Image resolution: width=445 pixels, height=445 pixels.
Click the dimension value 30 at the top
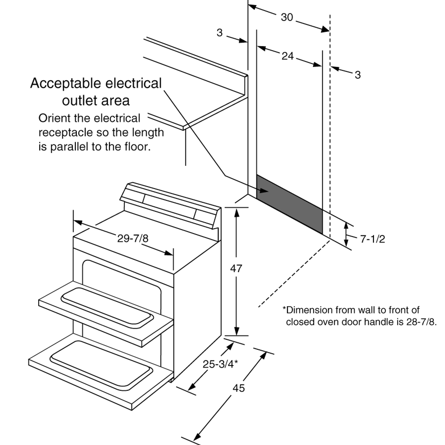point(287,17)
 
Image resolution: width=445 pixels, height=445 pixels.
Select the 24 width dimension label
point(288,56)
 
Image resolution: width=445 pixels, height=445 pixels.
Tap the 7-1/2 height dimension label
point(372,239)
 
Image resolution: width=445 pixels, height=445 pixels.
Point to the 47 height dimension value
point(236,268)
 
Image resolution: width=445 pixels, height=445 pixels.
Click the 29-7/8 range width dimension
point(132,238)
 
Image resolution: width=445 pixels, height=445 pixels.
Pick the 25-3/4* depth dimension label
point(220,364)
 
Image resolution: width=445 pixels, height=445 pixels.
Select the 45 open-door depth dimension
point(238,388)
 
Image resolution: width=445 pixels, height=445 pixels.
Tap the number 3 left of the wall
point(219,33)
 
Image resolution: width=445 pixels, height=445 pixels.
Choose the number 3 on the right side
point(357,75)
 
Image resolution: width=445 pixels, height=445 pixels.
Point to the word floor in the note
point(137,147)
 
